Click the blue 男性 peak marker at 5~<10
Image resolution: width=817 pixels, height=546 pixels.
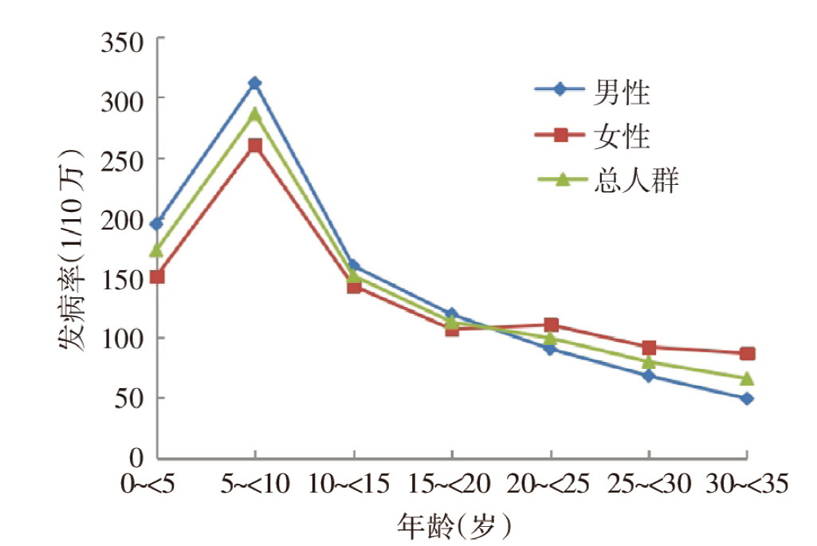point(254,83)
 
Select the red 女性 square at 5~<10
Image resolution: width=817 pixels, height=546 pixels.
point(254,146)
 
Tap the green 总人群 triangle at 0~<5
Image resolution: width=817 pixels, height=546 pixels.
point(156,250)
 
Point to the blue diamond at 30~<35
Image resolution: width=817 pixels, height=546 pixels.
point(747,399)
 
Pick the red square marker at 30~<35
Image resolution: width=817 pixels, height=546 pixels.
point(747,353)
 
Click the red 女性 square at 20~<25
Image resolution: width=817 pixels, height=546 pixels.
point(551,324)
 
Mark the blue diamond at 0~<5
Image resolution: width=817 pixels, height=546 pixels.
point(156,223)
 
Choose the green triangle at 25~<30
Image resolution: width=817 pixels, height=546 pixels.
point(649,362)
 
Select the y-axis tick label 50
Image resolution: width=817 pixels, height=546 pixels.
point(129,398)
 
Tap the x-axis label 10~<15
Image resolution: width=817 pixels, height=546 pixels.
point(353,483)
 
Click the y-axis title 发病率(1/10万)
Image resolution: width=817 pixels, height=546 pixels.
point(72,249)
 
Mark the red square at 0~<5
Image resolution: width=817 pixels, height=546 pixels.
point(156,277)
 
